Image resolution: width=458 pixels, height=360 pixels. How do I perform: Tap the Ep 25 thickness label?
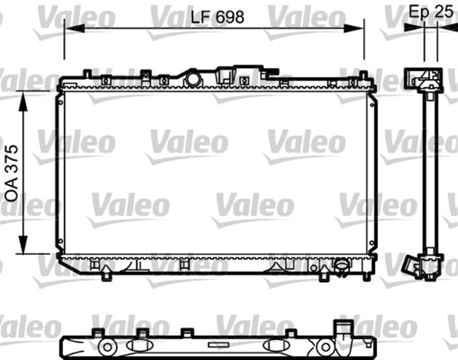[x=430, y=12]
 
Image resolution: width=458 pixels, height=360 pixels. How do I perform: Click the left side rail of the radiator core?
[x=59, y=172]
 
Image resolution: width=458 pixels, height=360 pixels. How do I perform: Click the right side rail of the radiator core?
[x=371, y=172]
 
